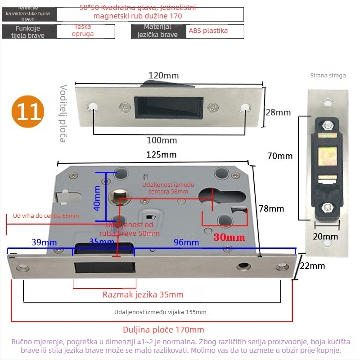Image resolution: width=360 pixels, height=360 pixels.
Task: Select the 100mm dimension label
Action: click(162, 140)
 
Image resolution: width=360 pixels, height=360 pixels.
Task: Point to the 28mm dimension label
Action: click(278, 112)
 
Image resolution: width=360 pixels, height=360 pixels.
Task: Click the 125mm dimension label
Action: click(162, 155)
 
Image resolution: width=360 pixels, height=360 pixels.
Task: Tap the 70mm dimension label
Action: click(280, 157)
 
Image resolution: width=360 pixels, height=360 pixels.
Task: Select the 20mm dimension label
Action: click(325, 237)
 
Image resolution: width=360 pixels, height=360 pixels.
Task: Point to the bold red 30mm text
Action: click(229, 237)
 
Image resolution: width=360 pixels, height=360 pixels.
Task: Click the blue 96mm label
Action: click(186, 243)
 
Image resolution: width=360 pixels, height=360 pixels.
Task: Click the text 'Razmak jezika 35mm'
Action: click(143, 295)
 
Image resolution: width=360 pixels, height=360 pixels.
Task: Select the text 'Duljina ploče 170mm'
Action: click(163, 329)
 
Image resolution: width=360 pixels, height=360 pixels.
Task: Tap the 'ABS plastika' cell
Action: click(208, 31)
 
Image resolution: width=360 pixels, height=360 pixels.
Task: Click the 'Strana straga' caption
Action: click(328, 76)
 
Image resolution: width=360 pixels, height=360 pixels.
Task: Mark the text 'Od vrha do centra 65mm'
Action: click(46, 216)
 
